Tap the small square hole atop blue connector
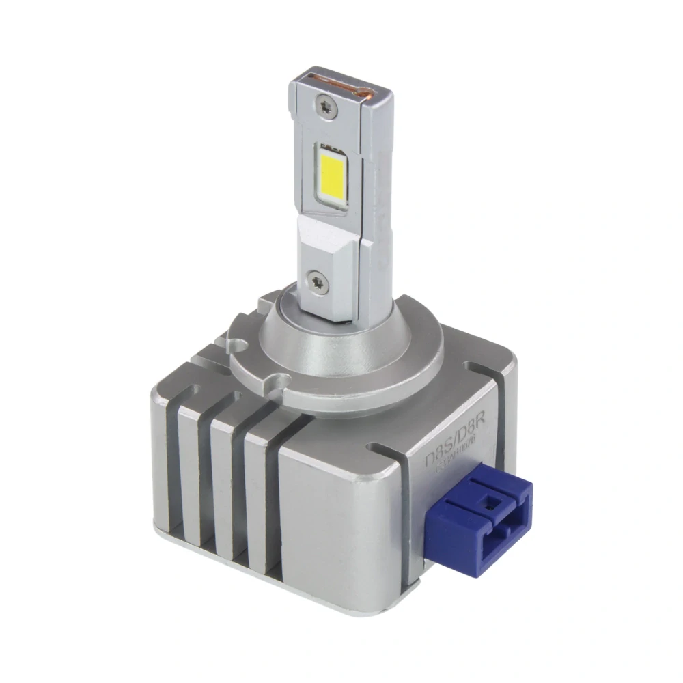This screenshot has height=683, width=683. [x=490, y=501]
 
